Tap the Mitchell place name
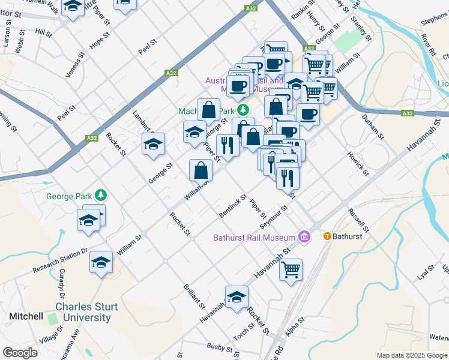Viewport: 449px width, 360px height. [x=26, y=316]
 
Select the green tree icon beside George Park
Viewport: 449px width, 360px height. [x=101, y=195]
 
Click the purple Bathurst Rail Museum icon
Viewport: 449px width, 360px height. [x=304, y=237]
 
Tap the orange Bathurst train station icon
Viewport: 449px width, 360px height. [x=327, y=236]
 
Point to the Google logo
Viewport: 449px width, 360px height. [x=20, y=352]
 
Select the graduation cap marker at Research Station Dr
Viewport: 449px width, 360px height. [x=101, y=262]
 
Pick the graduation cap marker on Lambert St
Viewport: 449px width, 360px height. [x=153, y=144]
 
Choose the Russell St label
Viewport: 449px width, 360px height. [x=358, y=220]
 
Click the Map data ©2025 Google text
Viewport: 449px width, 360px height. [x=411, y=355]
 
